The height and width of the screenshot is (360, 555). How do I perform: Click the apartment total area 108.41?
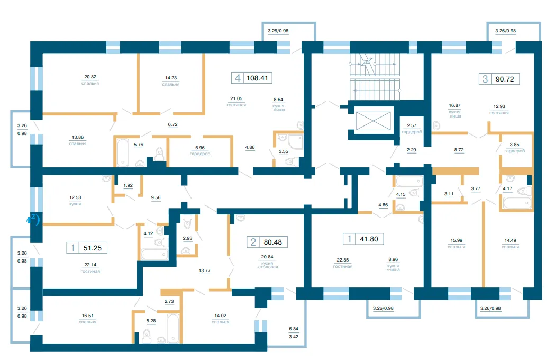pos(257,78)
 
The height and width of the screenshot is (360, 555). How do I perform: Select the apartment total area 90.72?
pos(505,79)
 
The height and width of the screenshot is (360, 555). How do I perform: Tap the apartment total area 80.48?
pos(273,242)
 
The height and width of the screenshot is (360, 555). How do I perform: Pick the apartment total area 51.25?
pos(93,248)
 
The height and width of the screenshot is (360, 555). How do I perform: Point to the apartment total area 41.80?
pos(369,239)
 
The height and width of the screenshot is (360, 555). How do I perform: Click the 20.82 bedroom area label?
pos(90,80)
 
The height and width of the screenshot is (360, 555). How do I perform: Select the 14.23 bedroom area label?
pos(171,81)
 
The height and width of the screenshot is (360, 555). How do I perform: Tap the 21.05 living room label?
pos(236,101)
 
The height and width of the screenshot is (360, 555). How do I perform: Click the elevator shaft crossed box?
pos(373,121)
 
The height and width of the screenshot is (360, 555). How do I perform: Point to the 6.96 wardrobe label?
pos(200,150)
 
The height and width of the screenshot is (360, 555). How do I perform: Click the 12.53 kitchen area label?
pos(75,201)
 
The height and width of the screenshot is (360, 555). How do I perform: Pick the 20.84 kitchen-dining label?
pos(267,262)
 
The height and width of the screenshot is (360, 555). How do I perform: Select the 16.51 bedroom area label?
pos(88,319)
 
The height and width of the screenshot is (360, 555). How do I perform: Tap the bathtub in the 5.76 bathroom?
pos(123,152)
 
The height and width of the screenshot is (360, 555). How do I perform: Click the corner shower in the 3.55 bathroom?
pos(295,142)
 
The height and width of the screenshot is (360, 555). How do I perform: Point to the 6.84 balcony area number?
pos(294,329)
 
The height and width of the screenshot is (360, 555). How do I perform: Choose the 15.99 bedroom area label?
pos(456,243)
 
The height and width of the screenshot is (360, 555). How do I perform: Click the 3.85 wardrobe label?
pos(515,147)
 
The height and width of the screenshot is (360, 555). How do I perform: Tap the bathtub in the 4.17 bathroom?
pos(517,203)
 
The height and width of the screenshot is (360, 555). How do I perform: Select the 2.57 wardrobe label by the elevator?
pos(412,128)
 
